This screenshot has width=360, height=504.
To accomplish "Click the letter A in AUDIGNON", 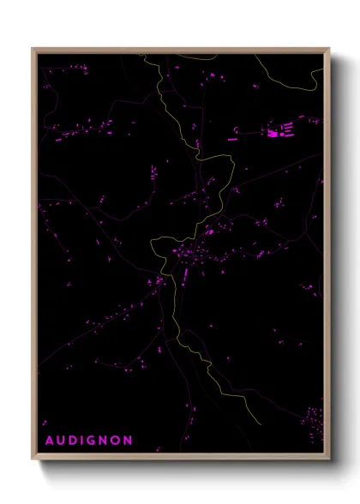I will click(x=49, y=441).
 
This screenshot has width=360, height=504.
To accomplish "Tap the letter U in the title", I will click(x=61, y=441).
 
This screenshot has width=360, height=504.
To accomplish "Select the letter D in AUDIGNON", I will click(x=73, y=441).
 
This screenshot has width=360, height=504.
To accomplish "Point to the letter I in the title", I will click(x=82, y=441).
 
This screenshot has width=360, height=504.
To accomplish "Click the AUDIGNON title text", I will click(x=88, y=441).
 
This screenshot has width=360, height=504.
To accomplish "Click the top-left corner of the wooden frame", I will click(x=33, y=49).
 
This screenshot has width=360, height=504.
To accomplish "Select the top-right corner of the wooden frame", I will click(x=329, y=49).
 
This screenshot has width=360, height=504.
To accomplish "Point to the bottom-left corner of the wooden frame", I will click(x=33, y=459).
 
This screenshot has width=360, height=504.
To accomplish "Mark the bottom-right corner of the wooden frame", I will click(x=329, y=459).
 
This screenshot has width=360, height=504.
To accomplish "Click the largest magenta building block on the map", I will click(x=273, y=133).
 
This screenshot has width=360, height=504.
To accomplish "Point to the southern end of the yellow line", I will click(x=259, y=423).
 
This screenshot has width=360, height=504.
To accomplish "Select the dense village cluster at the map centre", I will click(x=187, y=255).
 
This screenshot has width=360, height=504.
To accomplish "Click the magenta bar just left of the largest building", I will click(x=232, y=137).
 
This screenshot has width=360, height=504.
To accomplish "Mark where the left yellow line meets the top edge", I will click(x=143, y=54).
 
